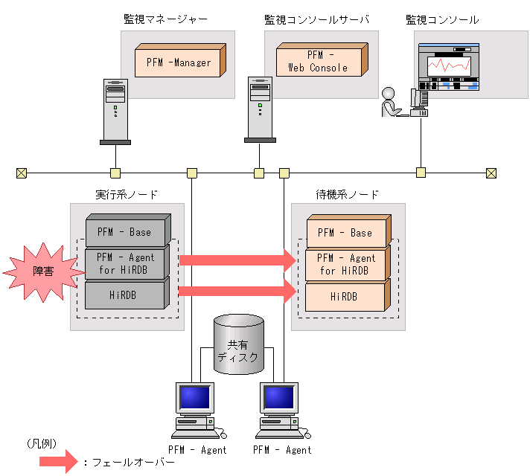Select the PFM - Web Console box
pos(319,61)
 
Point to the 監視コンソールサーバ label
pos(316,19)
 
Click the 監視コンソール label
pos(442,19)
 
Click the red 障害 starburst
pos(42,271)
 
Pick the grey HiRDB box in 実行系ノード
pos(124,295)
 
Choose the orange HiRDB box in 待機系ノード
pos(345,295)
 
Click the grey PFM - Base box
pos(124,232)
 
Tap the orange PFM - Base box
pos(345,233)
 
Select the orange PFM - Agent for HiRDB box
pos(345,264)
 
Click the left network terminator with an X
pos(21,173)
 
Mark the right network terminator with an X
pos(491,173)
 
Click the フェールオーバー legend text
pos(131,462)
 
